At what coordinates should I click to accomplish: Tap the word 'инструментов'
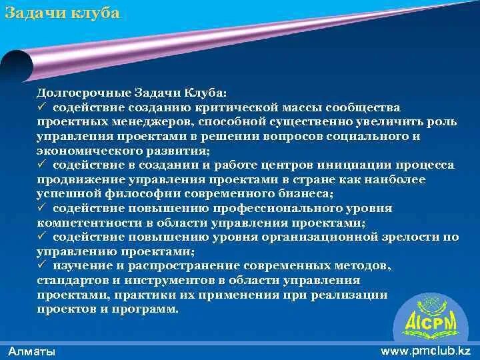click(179, 280)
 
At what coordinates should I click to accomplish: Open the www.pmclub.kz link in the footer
click(425, 350)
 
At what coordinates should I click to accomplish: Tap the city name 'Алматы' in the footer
click(32, 351)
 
